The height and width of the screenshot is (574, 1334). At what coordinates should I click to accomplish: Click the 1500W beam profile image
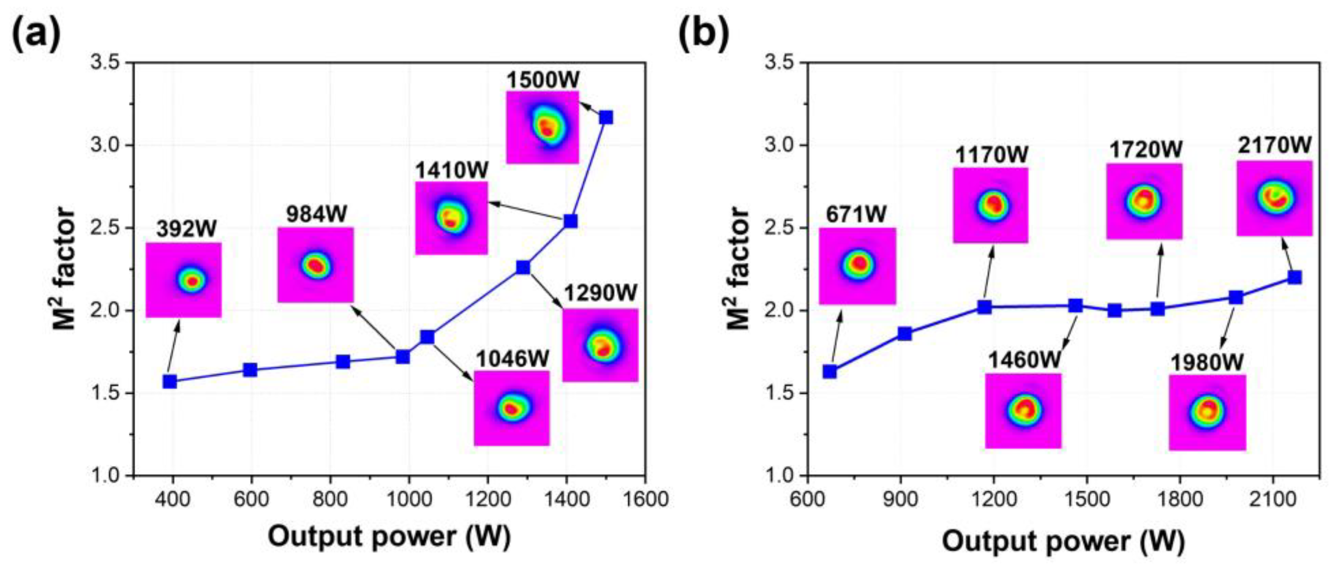542,128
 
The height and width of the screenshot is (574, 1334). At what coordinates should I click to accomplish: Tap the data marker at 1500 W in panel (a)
606,118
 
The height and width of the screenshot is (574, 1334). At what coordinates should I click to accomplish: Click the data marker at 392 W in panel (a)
170,382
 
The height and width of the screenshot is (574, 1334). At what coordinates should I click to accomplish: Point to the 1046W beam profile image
512,408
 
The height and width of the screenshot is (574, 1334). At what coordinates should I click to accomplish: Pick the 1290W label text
601,294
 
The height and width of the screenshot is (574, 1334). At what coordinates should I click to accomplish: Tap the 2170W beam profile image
1275,198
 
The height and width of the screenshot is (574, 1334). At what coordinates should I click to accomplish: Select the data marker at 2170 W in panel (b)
1294,277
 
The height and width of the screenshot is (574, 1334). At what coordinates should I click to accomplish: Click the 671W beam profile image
858,266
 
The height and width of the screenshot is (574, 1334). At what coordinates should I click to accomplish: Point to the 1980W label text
1207,363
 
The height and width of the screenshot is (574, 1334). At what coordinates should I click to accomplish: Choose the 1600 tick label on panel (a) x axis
645,500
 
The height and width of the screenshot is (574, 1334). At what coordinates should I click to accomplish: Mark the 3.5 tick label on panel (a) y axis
106,63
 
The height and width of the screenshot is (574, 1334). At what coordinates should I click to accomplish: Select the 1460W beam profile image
1023,411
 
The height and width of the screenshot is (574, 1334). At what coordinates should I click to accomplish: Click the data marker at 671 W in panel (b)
829,371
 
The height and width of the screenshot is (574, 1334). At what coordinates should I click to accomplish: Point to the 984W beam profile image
315,265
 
